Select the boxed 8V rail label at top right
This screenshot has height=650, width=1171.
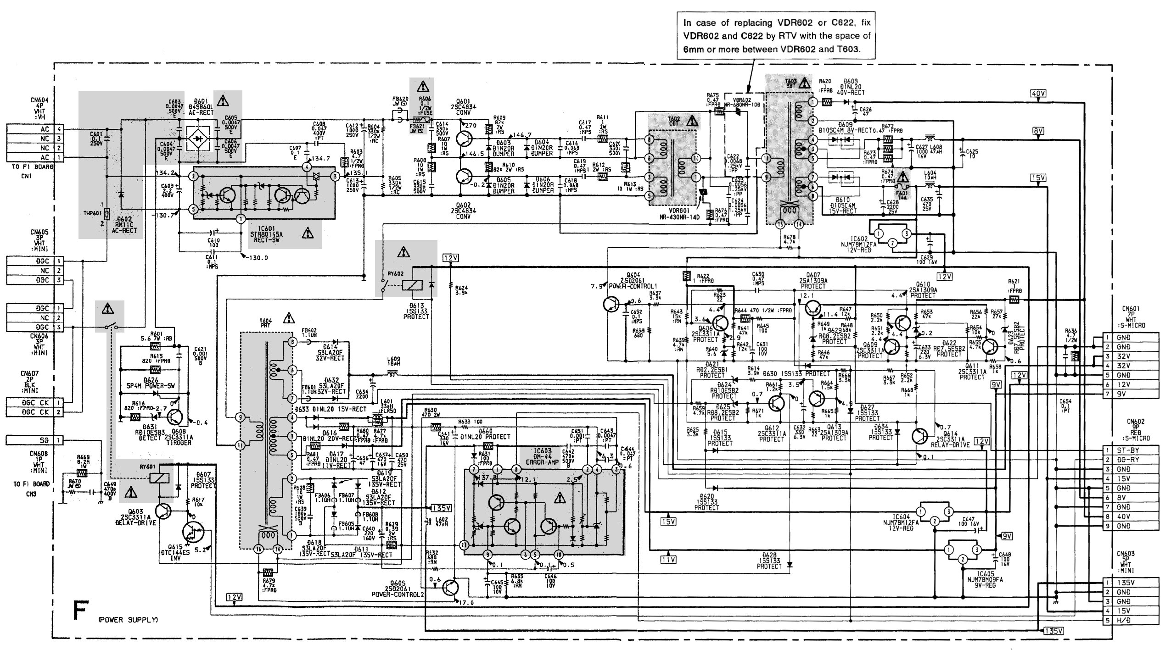[x=1038, y=131]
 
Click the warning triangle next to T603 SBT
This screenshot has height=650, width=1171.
[x=804, y=83]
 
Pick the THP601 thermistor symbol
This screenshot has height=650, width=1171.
[x=106, y=214]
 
